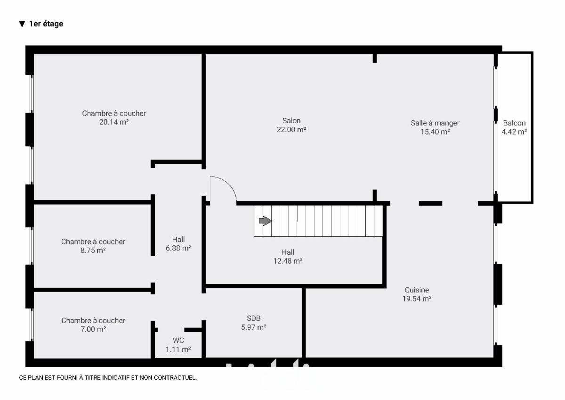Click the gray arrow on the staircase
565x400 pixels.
(266, 221)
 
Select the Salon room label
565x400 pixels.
(291, 121)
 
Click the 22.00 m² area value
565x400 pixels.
(291, 129)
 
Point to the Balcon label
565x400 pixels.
(514, 123)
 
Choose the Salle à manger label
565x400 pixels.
(435, 123)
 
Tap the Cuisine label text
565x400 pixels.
(417, 290)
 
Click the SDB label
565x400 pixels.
(253, 318)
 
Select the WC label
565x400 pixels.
(178, 341)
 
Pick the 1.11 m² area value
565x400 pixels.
(178, 349)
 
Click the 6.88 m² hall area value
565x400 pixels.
(178, 248)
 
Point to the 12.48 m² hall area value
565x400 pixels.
(288, 261)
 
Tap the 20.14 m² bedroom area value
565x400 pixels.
(114, 122)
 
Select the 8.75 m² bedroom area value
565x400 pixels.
(93, 250)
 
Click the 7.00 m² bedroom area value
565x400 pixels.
(93, 329)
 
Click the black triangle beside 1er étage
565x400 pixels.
(22, 24)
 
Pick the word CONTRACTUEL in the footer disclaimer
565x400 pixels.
(175, 377)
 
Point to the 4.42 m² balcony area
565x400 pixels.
(514, 132)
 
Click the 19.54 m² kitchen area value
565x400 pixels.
(417, 299)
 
